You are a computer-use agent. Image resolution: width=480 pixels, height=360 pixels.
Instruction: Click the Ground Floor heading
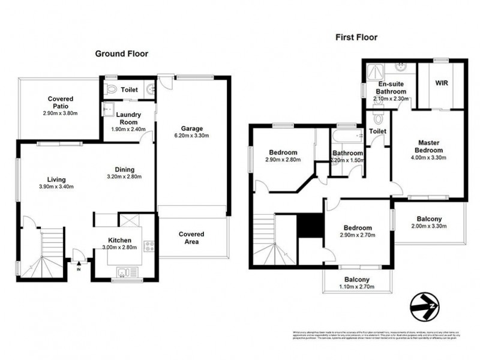coord(122,53)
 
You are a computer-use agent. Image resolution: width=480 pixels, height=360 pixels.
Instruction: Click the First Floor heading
coord(356,37)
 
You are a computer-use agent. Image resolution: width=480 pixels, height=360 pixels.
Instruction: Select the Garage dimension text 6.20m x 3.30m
coord(193,136)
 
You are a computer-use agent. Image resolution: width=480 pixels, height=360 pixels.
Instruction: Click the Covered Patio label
coord(61,103)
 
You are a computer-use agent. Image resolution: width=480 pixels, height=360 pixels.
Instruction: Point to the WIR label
coord(442,83)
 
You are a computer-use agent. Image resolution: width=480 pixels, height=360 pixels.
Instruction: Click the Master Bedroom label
coord(430,146)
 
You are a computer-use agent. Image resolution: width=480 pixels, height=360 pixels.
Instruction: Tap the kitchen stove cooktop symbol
coord(149,246)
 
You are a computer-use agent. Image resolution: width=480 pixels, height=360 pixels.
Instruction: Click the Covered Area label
coord(192,238)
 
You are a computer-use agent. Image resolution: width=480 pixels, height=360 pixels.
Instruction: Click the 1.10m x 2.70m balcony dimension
coord(356,287)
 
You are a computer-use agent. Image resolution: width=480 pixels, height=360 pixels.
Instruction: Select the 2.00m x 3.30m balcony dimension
coord(430,226)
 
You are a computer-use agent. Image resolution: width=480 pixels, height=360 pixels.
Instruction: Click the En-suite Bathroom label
coord(391,88)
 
